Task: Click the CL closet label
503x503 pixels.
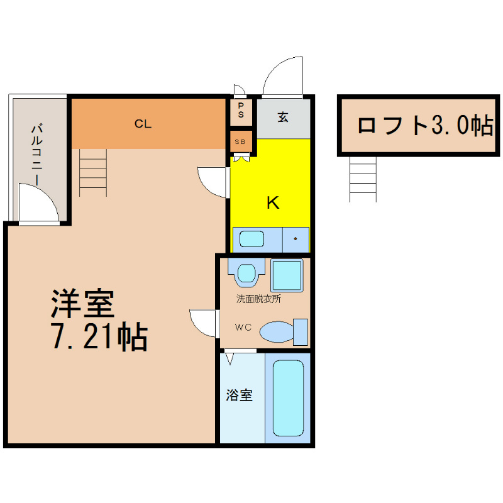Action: [143, 123]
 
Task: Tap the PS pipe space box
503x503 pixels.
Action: [241, 112]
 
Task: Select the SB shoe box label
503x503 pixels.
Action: [240, 141]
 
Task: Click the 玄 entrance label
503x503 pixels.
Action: [282, 117]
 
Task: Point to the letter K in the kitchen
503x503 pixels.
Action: [273, 202]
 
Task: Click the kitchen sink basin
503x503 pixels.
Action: [252, 239]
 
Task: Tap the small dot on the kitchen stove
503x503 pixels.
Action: [295, 239]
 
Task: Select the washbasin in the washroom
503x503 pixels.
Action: [246, 274]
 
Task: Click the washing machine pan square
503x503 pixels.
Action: [287, 275]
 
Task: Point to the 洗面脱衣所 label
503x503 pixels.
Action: [258, 299]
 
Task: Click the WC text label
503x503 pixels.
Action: [243, 327]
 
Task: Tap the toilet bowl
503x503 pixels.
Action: [277, 332]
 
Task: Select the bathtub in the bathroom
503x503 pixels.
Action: [288, 398]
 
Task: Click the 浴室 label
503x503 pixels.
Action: [240, 395]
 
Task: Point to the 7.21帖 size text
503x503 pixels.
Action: [99, 336]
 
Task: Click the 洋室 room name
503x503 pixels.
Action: [83, 304]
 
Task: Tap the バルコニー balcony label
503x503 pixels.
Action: [36, 155]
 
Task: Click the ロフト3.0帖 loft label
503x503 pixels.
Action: [426, 125]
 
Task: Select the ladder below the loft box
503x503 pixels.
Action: [363, 179]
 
